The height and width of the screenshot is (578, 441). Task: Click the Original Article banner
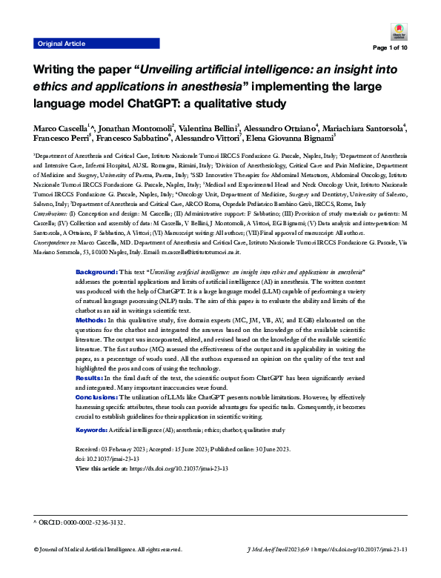[62, 44]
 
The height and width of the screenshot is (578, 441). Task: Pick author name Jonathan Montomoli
[133, 127]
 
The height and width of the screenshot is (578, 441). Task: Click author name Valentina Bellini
[207, 127]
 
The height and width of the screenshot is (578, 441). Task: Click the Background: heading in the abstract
[96, 273]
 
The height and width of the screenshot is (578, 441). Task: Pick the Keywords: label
[91, 430]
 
